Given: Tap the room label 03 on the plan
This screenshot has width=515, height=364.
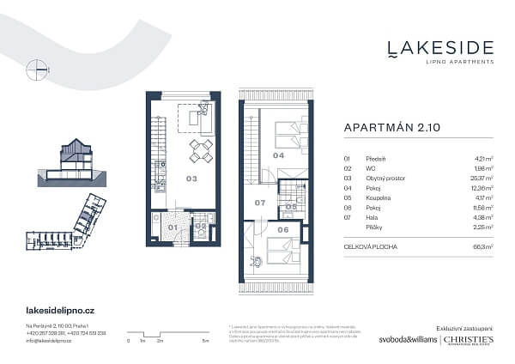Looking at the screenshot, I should coord(192,179).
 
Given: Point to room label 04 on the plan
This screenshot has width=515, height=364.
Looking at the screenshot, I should coord(278,156).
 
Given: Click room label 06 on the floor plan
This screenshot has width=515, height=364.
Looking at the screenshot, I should coord(283,229).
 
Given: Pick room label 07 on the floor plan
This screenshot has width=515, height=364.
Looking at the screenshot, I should coord(260,203).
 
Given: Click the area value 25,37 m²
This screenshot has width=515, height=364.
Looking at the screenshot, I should coord(460,179).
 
